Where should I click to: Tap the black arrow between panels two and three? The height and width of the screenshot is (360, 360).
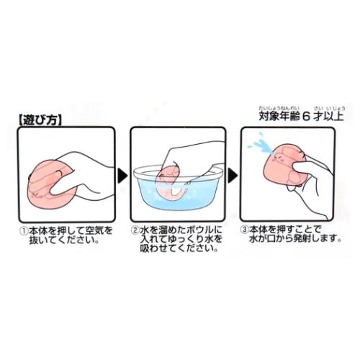[x=232, y=174]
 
